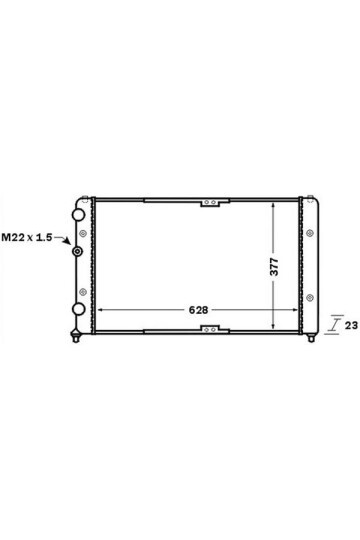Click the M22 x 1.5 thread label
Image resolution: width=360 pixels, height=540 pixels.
pyautogui.click(x=27, y=237)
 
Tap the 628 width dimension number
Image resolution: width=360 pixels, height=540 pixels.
pyautogui.click(x=198, y=310)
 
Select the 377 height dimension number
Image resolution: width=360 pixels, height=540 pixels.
pyautogui.click(x=274, y=266)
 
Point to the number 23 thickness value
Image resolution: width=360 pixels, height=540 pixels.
pyautogui.click(x=351, y=325)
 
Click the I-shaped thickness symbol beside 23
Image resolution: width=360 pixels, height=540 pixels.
pyautogui.click(x=333, y=324)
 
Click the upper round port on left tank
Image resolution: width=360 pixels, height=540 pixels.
pyautogui.click(x=78, y=215)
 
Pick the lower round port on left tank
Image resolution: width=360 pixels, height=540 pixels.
pyautogui.click(x=79, y=309)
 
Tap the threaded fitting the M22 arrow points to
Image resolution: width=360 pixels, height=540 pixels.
pyautogui.click(x=78, y=251)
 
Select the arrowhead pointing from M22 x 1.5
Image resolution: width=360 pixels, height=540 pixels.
pyautogui.click(x=68, y=241)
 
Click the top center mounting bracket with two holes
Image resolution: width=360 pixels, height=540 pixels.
pyautogui.click(x=210, y=202)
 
